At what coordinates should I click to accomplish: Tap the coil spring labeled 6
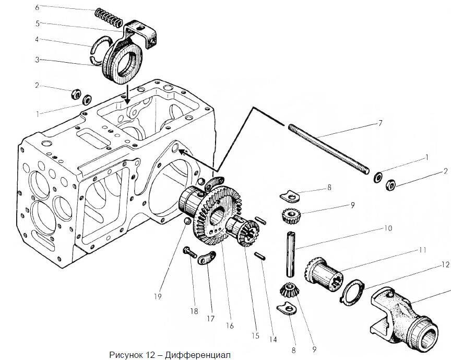[109, 19]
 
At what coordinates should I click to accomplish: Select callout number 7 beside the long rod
[380, 124]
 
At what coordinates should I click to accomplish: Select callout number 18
[194, 311]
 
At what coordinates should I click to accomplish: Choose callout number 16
[230, 326]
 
